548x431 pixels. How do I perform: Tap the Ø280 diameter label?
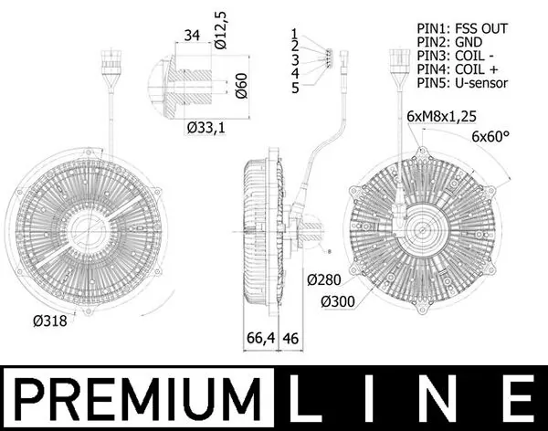pyautogui.click(x=324, y=279)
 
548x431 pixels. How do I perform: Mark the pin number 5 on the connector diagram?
pyautogui.click(x=294, y=88)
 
